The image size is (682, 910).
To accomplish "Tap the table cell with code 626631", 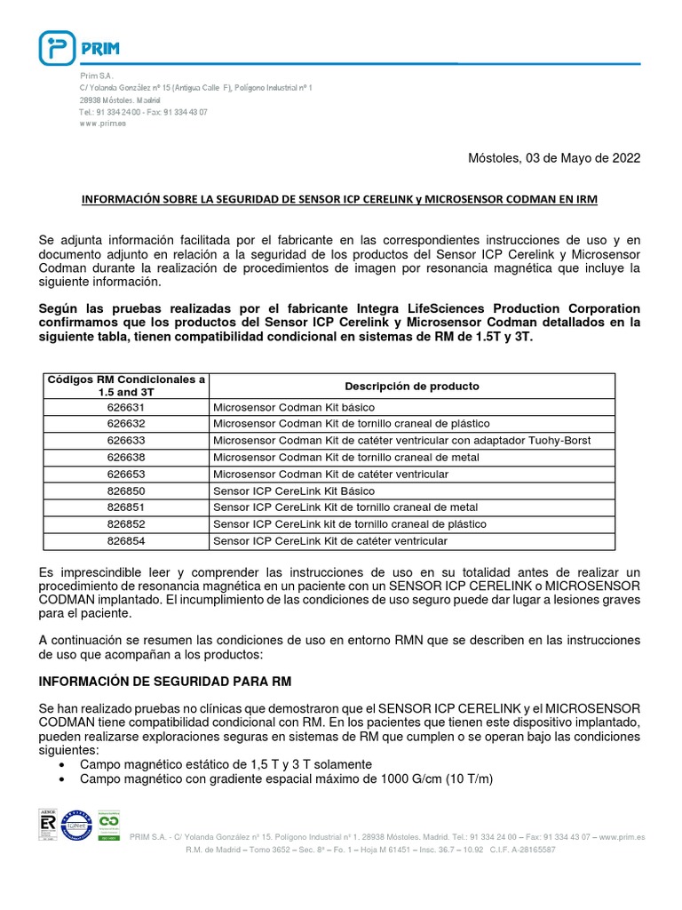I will click(x=125, y=406).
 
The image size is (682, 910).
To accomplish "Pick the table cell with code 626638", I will click(x=125, y=457).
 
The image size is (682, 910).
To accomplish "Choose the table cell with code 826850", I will click(x=125, y=491).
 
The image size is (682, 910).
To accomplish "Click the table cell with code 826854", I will click(x=125, y=540).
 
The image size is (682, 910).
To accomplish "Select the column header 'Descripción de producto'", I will click(x=411, y=386).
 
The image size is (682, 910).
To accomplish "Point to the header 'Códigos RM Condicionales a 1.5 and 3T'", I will click(x=125, y=385).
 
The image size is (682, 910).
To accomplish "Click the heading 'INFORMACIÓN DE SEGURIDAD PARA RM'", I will click(x=166, y=681).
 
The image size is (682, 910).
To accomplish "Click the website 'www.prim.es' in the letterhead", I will click(x=102, y=124).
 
